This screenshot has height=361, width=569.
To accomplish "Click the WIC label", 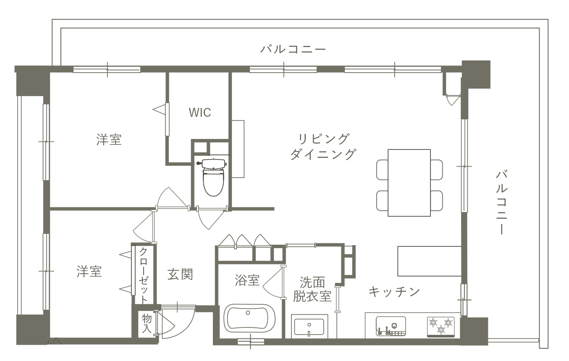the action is [200, 112].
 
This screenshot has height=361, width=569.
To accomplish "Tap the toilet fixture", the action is [213, 178].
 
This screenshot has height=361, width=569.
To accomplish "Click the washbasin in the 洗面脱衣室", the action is [309, 327].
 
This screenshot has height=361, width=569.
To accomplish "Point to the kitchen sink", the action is [391, 326].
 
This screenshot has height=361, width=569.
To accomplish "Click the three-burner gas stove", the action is [441, 327].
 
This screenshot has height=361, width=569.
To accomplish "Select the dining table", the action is [409, 183].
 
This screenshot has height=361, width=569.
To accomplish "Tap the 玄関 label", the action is [180, 275].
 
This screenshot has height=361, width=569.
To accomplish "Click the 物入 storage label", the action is [147, 323].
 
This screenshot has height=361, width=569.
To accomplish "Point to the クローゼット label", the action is [143, 275].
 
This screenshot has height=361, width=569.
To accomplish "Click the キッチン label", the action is [394, 292].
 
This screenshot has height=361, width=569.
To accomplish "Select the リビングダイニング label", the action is [323, 146].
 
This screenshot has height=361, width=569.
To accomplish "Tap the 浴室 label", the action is [247, 280].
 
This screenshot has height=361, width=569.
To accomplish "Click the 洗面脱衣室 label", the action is [312, 289].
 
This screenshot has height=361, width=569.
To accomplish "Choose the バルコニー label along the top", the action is [293, 49].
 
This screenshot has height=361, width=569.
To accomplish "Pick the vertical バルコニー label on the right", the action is [501, 202].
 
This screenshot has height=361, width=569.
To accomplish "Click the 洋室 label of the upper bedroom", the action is [109, 140].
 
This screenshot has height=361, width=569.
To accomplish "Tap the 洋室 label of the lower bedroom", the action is [89, 272].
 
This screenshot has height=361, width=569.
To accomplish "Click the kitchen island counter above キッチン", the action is [429, 261].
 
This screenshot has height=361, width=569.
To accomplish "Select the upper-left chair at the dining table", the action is [382, 170].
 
